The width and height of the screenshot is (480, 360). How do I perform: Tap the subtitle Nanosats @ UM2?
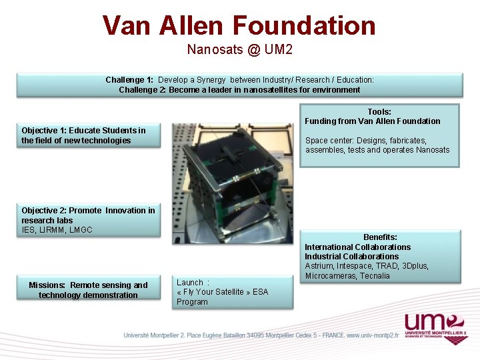click(x=239, y=49)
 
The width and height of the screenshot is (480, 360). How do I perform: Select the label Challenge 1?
click(x=129, y=80)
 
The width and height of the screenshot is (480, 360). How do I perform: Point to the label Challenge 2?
click(x=142, y=90)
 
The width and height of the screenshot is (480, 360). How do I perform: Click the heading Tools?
click(x=379, y=112)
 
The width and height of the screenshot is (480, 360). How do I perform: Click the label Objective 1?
click(x=44, y=131)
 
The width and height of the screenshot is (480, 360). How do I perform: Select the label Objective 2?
click(x=44, y=211)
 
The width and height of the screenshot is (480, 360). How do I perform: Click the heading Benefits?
click(x=380, y=237)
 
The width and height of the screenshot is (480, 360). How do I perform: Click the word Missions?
click(x=47, y=285)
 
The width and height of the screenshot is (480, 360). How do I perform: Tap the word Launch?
click(x=189, y=283)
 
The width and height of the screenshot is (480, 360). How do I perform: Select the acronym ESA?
click(x=261, y=292)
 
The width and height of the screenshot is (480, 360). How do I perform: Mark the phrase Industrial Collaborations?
click(x=351, y=257)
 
